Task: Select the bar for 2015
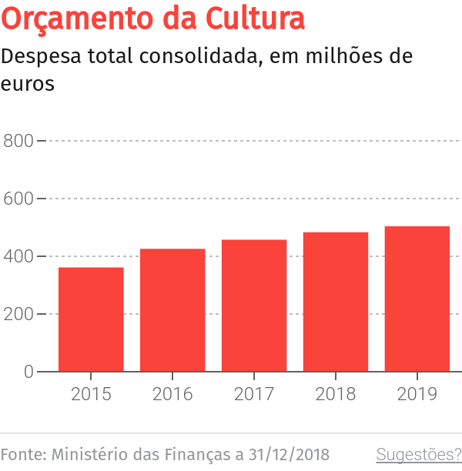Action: (91, 319)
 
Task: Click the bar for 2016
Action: (172, 310)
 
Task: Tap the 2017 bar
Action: (254, 306)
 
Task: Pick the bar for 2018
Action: (336, 302)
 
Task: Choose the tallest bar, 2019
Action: (417, 299)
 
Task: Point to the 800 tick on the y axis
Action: (18, 141)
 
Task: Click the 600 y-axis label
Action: (18, 199)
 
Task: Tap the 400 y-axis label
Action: (18, 256)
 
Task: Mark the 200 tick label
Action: (18, 314)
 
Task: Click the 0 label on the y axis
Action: (28, 372)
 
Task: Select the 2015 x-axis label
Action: (91, 394)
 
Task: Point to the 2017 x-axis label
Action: (254, 394)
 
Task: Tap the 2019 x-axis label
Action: (417, 394)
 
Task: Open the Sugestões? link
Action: (419, 454)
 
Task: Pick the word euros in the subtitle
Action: (28, 84)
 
